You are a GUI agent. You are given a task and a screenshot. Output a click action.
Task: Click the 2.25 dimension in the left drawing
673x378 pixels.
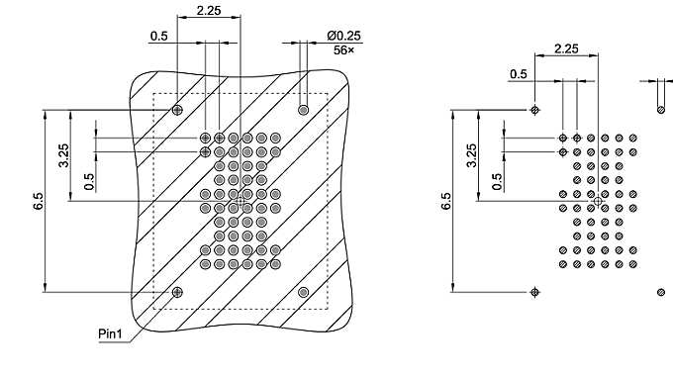208,10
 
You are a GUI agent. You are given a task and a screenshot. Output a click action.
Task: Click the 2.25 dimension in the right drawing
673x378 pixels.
566,48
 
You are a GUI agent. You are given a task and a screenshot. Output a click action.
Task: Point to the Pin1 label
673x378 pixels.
111,333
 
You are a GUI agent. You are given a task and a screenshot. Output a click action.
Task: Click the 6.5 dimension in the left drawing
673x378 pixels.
35,202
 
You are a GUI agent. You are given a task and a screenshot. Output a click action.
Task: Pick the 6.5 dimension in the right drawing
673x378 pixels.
446,201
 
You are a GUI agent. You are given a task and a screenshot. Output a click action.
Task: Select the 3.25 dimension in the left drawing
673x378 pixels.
63,156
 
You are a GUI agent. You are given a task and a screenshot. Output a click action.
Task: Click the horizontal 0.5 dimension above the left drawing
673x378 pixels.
158,36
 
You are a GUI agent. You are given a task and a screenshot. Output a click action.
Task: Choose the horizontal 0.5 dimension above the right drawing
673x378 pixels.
518,73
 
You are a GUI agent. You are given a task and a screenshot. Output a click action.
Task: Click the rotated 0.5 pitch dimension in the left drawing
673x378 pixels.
89,181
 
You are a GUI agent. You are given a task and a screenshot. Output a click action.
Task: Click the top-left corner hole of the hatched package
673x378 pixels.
178,109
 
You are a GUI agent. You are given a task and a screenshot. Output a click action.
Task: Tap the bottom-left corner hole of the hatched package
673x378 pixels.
178,291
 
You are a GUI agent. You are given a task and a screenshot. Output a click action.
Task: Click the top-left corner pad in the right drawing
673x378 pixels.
535,110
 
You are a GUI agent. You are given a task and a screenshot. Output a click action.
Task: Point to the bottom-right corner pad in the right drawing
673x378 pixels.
661,292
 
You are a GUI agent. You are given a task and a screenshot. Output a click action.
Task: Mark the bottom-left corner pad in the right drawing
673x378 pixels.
535,292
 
